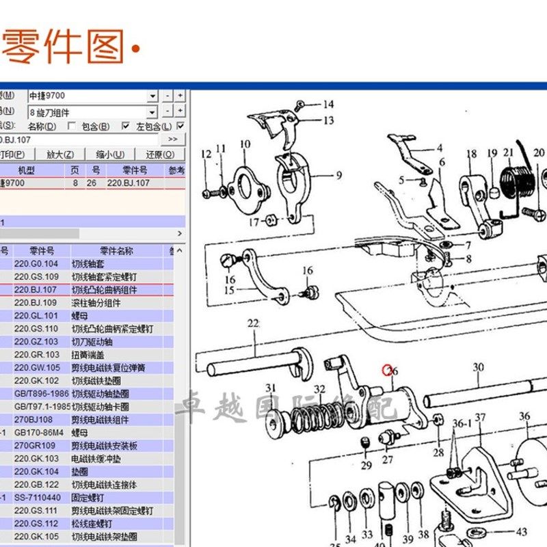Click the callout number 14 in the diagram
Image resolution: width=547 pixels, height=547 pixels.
(x=328, y=105)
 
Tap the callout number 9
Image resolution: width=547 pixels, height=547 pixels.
(x=338, y=176)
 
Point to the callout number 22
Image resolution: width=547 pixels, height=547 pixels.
(x=253, y=324)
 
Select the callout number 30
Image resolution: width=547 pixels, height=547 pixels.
(x=478, y=368)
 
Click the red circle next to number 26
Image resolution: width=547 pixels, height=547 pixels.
(x=388, y=371)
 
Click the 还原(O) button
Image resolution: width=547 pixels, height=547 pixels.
(x=160, y=155)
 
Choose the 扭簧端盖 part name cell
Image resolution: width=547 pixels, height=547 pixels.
(x=94, y=354)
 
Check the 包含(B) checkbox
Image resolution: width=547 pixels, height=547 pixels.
(x=71, y=126)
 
